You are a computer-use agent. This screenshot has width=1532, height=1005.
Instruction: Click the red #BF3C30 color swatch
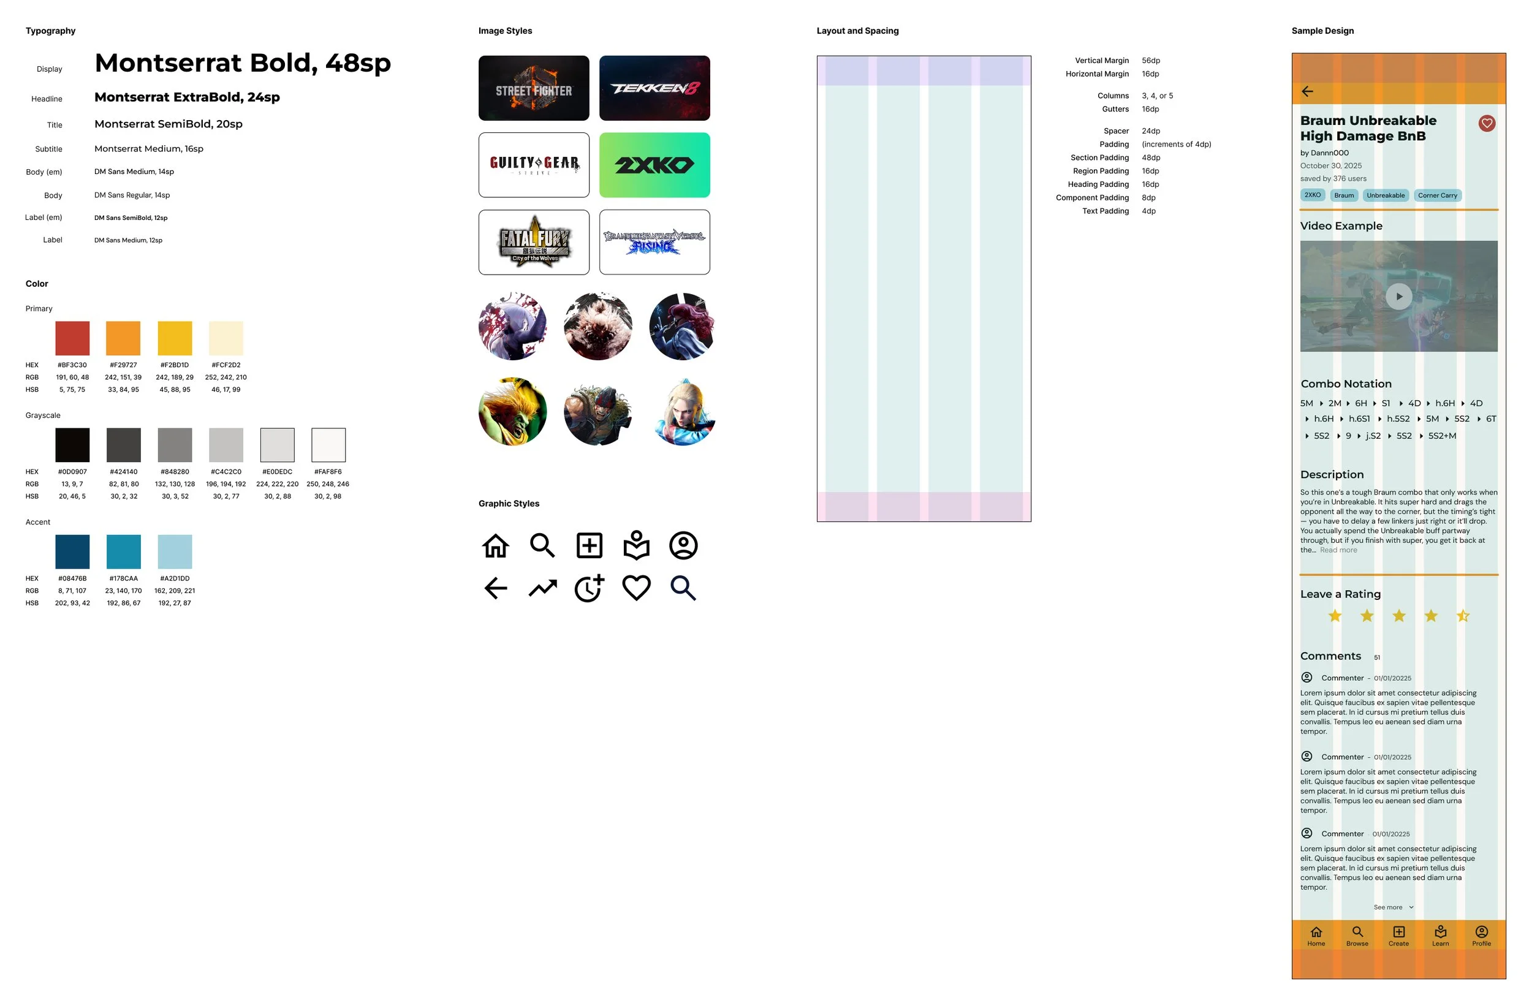click(72, 338)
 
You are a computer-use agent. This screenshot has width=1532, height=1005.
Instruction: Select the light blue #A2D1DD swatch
click(175, 551)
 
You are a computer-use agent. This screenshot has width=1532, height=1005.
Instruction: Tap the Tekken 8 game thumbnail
click(654, 88)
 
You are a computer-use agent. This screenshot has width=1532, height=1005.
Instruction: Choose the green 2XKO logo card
click(654, 165)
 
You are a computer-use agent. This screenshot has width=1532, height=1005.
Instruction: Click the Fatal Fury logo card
click(534, 242)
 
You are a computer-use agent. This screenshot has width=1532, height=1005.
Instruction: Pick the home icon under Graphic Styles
click(495, 545)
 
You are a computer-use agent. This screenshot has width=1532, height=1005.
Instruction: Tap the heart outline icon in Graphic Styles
click(636, 588)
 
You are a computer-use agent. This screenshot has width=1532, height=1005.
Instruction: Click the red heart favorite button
click(1486, 123)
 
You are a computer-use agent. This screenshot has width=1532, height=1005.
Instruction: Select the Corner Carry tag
click(1437, 195)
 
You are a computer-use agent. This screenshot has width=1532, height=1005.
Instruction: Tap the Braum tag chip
click(1343, 195)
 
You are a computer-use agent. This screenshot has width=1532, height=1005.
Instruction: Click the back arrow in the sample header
click(1306, 91)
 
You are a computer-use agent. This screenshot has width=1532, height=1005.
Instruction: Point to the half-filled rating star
click(1463, 615)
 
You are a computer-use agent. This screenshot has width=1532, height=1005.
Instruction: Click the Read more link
click(1338, 550)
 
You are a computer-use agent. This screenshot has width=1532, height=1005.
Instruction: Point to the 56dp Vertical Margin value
click(1150, 61)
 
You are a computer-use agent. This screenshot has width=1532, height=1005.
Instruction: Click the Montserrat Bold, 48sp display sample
click(243, 63)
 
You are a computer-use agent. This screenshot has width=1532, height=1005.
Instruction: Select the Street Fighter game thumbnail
click(534, 88)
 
